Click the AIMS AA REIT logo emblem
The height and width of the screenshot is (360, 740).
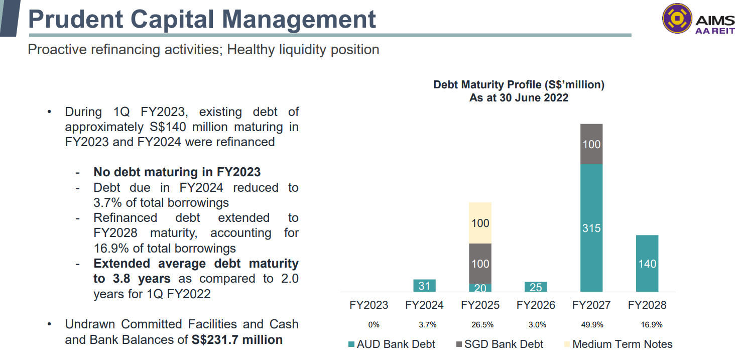click(x=677, y=19)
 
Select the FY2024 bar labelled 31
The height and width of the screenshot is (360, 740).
click(x=424, y=286)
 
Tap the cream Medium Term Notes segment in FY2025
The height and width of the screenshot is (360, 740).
click(x=480, y=223)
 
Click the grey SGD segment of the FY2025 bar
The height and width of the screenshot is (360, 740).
click(x=480, y=264)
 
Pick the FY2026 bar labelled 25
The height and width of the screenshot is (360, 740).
click(x=536, y=287)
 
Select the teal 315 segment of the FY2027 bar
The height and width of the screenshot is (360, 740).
click(x=591, y=228)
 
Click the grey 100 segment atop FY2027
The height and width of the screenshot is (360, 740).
click(x=591, y=144)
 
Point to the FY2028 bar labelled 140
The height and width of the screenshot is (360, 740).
click(x=647, y=264)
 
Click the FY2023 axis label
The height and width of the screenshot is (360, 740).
click(x=368, y=305)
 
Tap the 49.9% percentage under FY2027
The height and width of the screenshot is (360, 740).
click(x=592, y=325)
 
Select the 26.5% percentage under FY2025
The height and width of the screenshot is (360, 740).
click(x=482, y=325)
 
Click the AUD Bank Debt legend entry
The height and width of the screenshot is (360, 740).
click(x=392, y=344)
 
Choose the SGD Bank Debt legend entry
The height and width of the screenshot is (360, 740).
click(x=500, y=344)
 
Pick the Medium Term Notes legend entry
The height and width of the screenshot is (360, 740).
click(x=618, y=344)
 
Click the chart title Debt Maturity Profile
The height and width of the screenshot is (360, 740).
click(x=519, y=85)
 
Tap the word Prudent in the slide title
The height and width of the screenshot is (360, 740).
click(x=76, y=19)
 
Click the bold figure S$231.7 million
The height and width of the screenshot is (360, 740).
click(x=237, y=339)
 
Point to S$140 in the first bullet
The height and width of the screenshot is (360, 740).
click(x=168, y=127)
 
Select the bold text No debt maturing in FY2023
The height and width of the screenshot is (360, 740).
click(x=177, y=172)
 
